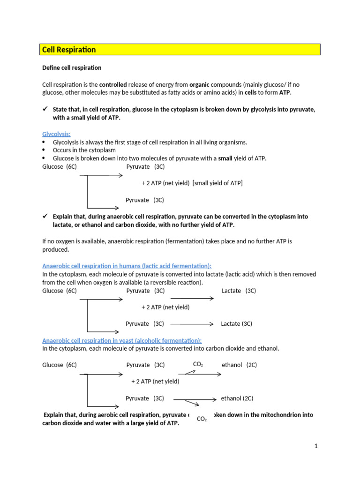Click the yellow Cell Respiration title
(x=69, y=50)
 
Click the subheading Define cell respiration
(x=72, y=67)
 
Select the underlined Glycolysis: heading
(x=56, y=134)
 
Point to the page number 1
(x=316, y=446)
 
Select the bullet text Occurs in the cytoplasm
(x=84, y=150)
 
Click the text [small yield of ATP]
(x=217, y=183)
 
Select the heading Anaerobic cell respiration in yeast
(x=122, y=340)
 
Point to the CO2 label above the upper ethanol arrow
(x=198, y=364)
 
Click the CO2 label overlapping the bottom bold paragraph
(x=202, y=419)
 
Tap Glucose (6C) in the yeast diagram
(x=60, y=365)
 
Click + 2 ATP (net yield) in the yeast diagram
(x=155, y=381)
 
